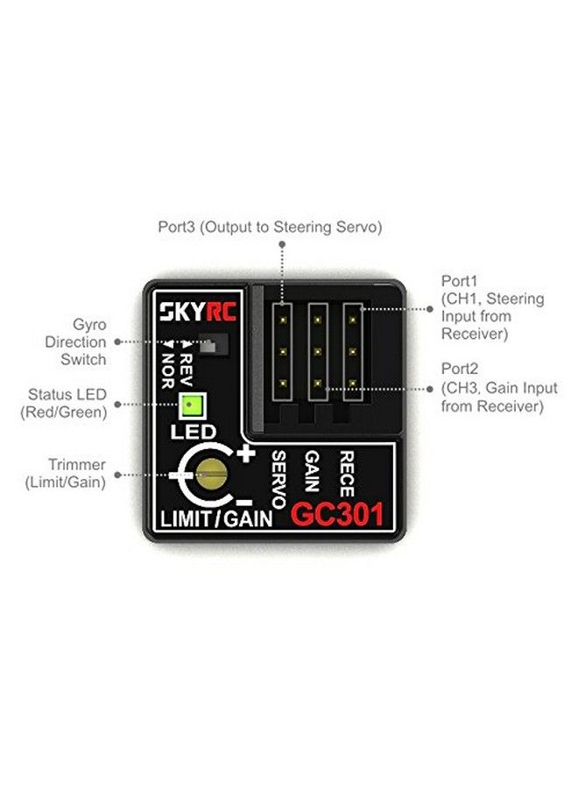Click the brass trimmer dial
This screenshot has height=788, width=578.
click(x=211, y=474)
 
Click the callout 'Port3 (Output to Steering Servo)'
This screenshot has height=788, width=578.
click(x=270, y=228)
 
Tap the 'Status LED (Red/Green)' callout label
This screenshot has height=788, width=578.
click(x=67, y=404)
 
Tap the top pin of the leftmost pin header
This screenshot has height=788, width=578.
click(x=283, y=320)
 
